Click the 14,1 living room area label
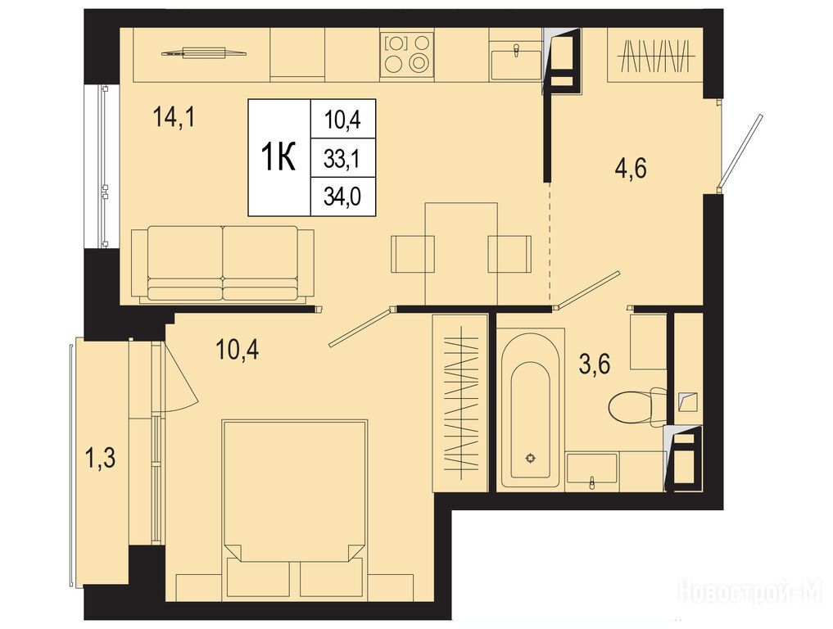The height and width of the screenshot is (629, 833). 174,117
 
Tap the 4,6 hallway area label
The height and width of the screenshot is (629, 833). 631,170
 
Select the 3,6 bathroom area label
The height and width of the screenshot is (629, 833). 595,364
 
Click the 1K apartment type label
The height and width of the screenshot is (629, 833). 278,157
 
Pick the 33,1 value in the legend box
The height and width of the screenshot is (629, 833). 342,158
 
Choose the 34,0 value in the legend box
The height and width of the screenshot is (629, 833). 342,197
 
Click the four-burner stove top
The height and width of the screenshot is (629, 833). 406,53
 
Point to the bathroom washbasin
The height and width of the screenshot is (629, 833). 592,469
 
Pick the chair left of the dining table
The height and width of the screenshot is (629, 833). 413,253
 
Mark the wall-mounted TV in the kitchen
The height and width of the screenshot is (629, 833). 203,52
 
